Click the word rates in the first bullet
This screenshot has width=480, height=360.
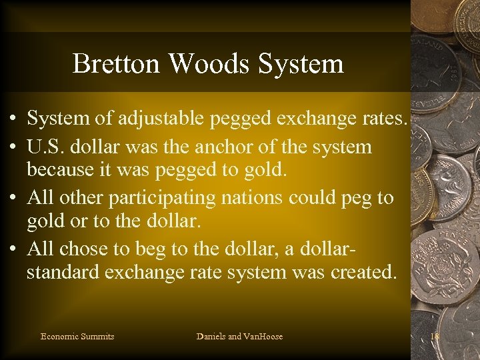(x=385, y=120)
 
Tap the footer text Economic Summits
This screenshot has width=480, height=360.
(x=77, y=337)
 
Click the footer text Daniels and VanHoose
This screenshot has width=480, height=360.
(x=239, y=337)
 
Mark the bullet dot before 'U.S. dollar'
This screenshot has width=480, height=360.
(x=13, y=146)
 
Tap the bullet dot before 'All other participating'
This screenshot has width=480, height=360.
(x=13, y=198)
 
